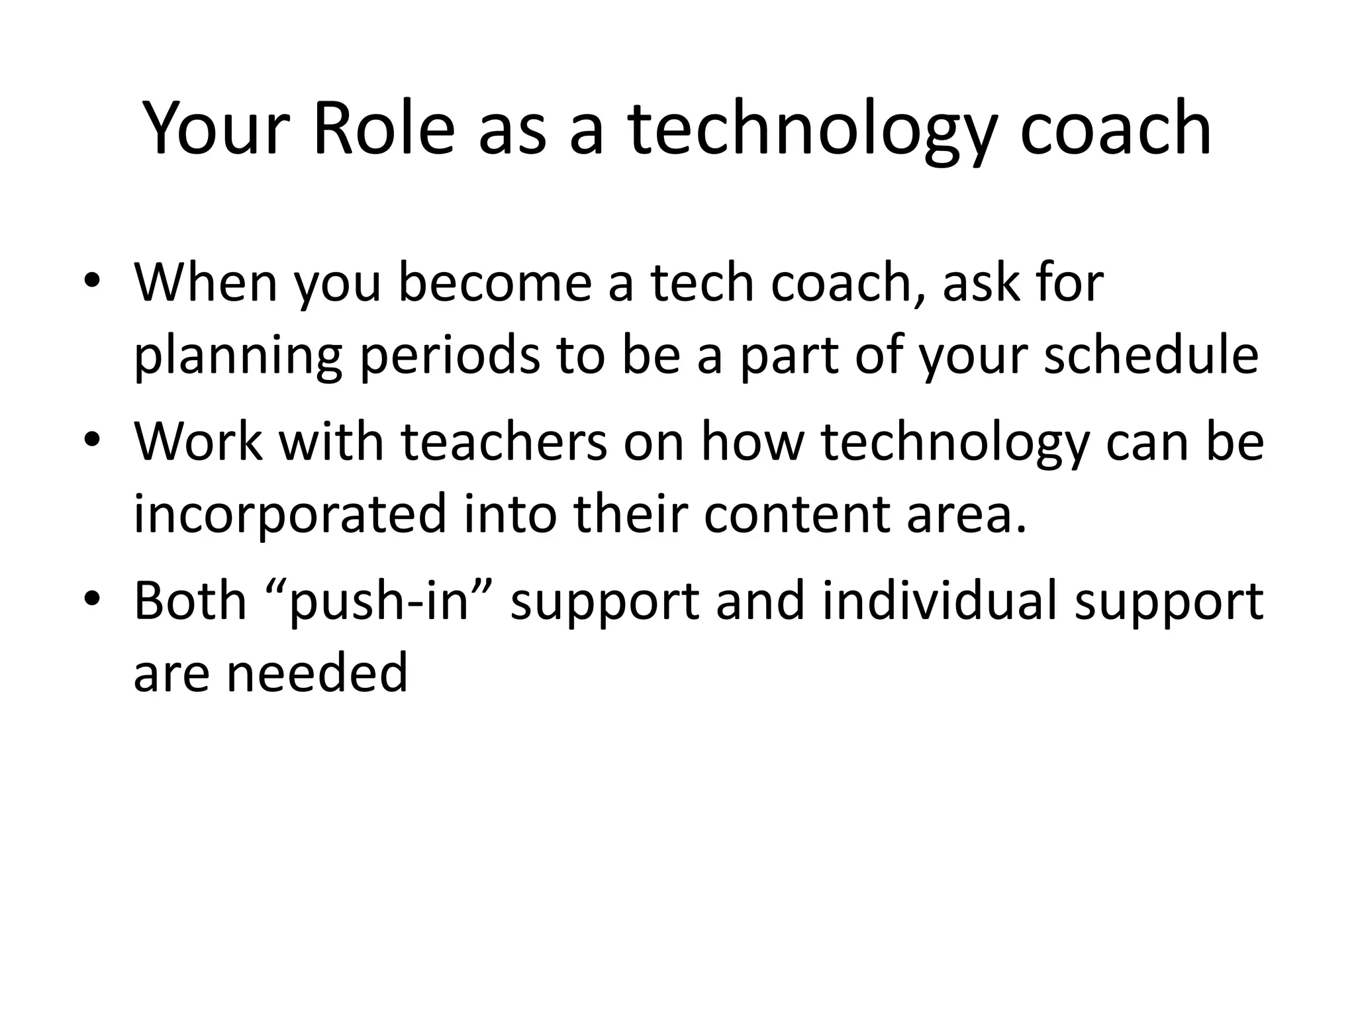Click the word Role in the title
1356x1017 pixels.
click(383, 129)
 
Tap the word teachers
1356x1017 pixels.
click(504, 442)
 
